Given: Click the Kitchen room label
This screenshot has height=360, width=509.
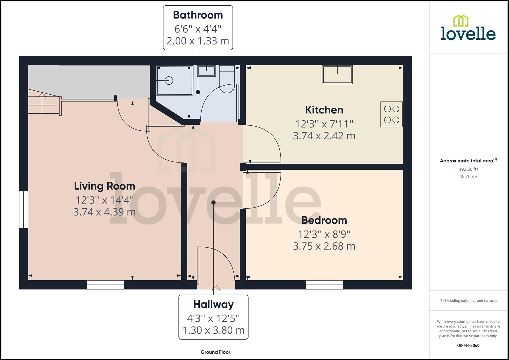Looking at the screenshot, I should (324, 110).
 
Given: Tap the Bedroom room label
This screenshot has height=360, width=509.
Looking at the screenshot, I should (324, 220).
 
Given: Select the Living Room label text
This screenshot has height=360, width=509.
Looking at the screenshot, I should (104, 186).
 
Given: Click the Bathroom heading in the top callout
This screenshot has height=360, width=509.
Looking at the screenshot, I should (198, 15).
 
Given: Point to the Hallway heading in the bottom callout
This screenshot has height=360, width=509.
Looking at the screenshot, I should (213, 304).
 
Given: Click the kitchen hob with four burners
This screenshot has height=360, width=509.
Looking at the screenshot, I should (391, 114).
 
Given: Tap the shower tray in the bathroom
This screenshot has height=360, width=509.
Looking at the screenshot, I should (174, 80).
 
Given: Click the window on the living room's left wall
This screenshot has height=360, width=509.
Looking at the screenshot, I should (23, 209).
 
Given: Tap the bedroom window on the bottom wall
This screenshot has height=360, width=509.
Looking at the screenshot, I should (325, 285).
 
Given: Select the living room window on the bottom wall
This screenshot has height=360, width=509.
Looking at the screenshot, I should (105, 285).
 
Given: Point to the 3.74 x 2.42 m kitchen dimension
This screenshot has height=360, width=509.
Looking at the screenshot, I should (324, 136).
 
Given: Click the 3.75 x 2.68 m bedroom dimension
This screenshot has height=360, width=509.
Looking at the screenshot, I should (324, 246).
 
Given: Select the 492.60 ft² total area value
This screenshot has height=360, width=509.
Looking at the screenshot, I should (468, 169).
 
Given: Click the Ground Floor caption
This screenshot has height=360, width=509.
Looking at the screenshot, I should (215, 352).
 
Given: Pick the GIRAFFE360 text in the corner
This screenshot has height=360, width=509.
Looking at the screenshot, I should (468, 345).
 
